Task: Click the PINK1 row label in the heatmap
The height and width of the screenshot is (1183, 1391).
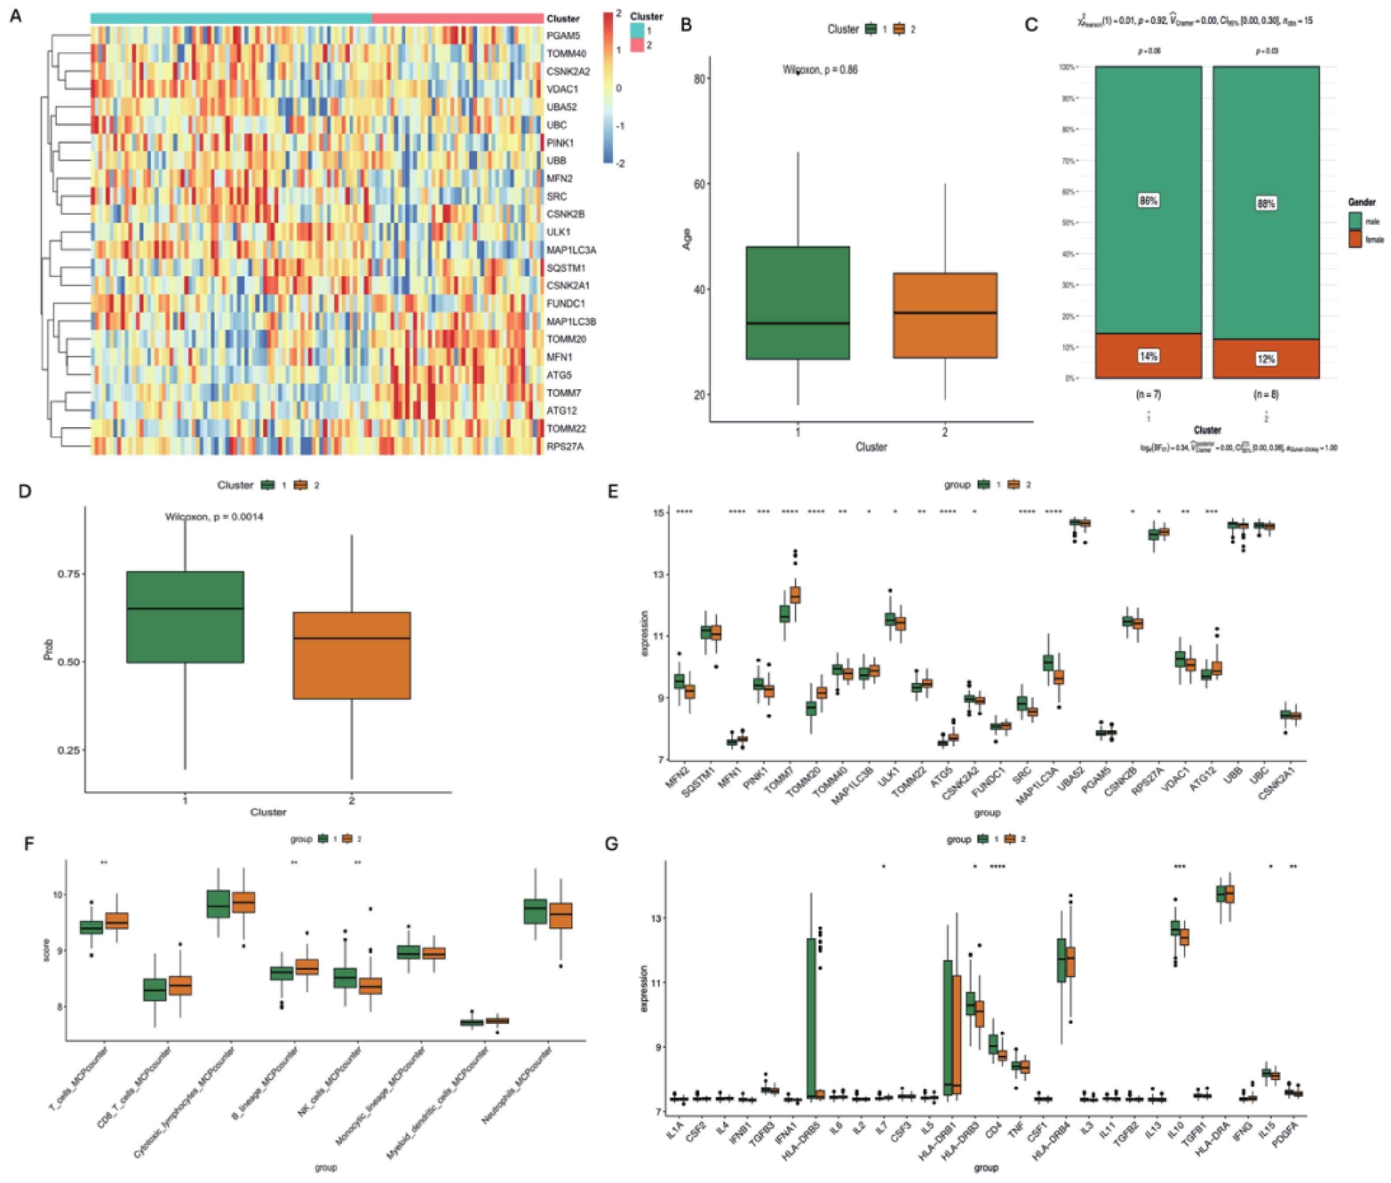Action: pyautogui.click(x=560, y=143)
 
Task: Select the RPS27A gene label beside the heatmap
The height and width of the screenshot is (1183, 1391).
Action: pyautogui.click(x=564, y=446)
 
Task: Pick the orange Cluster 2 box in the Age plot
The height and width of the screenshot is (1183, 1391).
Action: pyautogui.click(x=945, y=315)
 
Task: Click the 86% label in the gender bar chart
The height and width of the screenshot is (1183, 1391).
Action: pyautogui.click(x=1148, y=201)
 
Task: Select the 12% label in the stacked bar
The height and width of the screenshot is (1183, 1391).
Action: pyautogui.click(x=1266, y=360)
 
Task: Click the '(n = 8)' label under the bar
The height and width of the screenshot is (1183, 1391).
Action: pyautogui.click(x=1266, y=395)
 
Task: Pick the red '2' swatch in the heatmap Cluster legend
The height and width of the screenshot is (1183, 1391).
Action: pyautogui.click(x=636, y=45)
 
